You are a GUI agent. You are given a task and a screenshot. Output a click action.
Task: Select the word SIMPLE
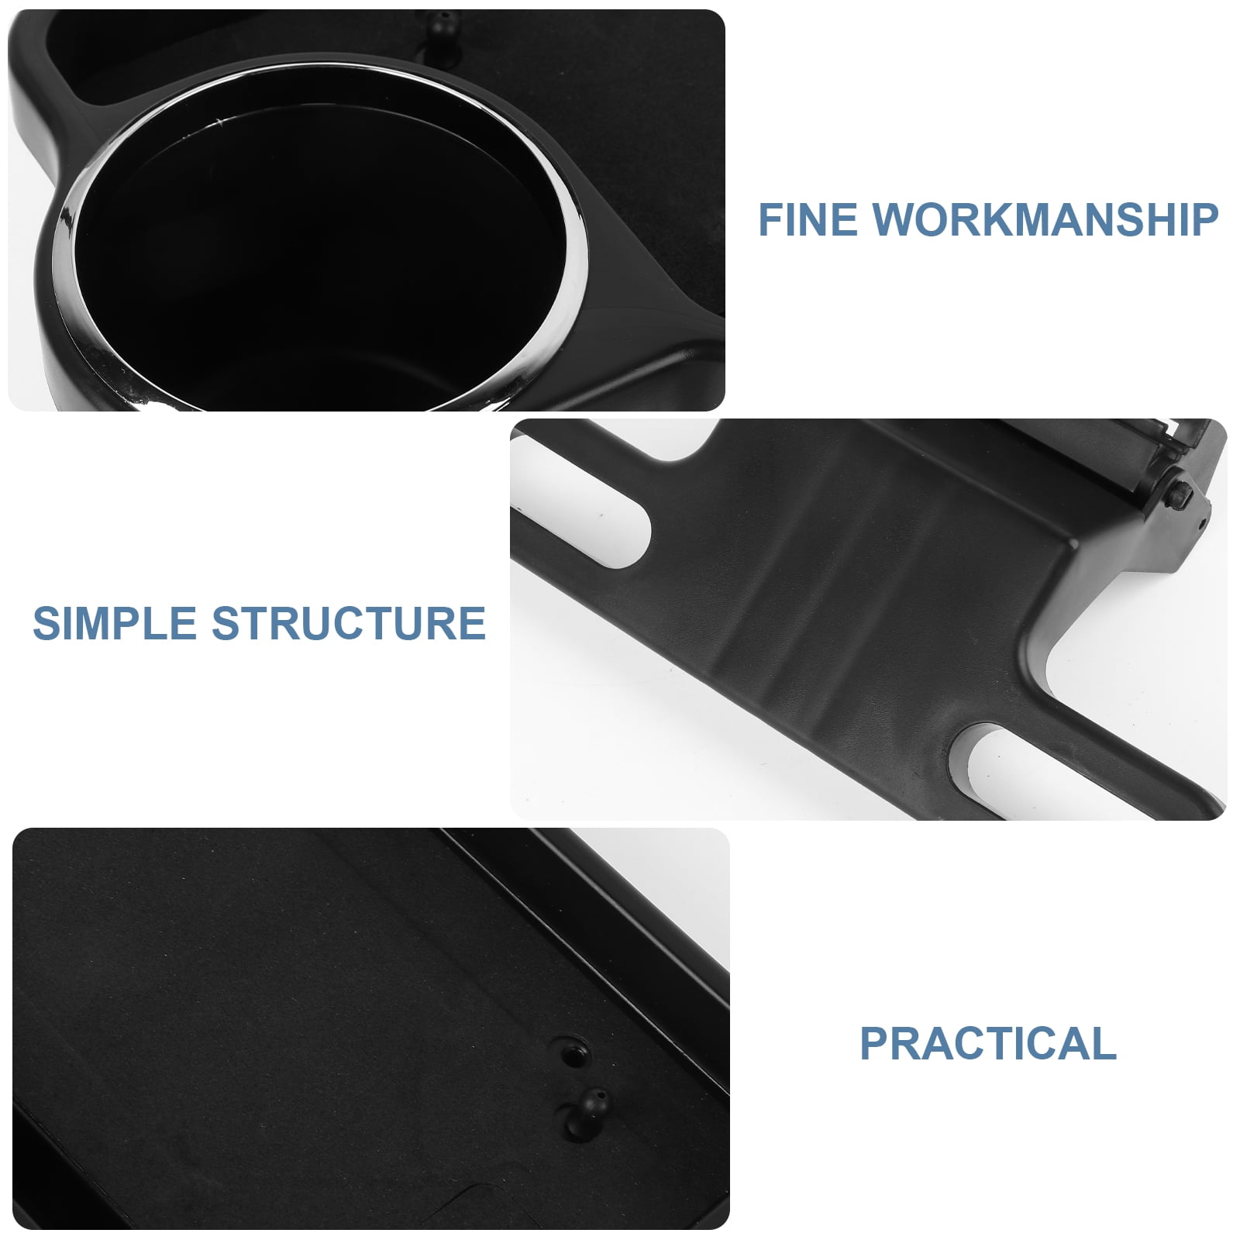click(115, 623)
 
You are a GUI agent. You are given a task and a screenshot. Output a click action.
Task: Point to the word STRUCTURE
click(349, 623)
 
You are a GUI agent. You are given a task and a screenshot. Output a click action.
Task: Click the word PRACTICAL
click(988, 1043)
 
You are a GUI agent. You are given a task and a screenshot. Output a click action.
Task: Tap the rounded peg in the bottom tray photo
click(593, 1104)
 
